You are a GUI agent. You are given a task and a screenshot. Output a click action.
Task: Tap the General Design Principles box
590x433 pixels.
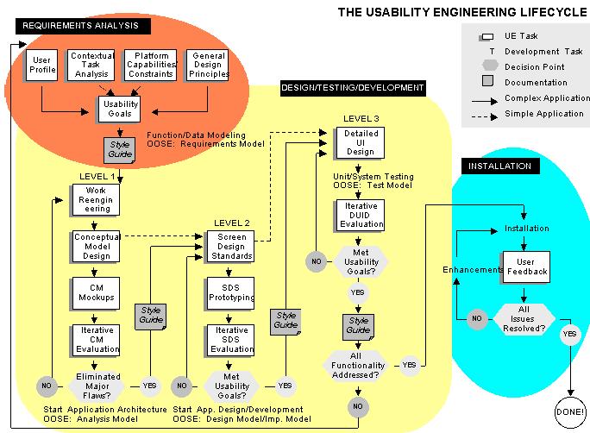[207, 64]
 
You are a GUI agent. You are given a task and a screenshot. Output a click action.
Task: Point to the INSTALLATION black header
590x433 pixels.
[500, 166]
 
